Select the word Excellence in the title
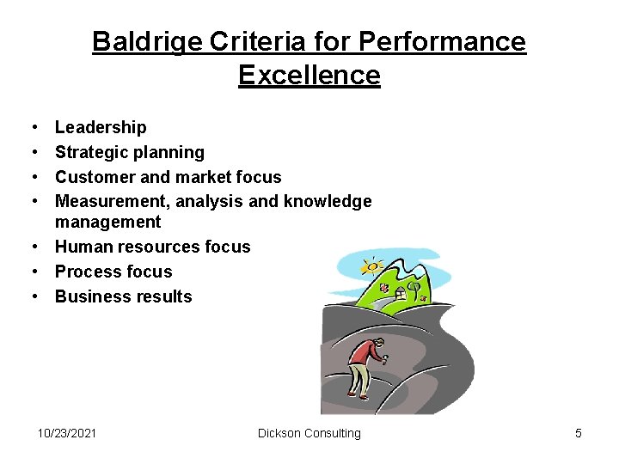tap(309, 75)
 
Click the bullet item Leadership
tap(101, 127)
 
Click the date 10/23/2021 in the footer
tap(67, 433)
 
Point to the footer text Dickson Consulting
tap(309, 433)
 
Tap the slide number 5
tap(579, 433)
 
